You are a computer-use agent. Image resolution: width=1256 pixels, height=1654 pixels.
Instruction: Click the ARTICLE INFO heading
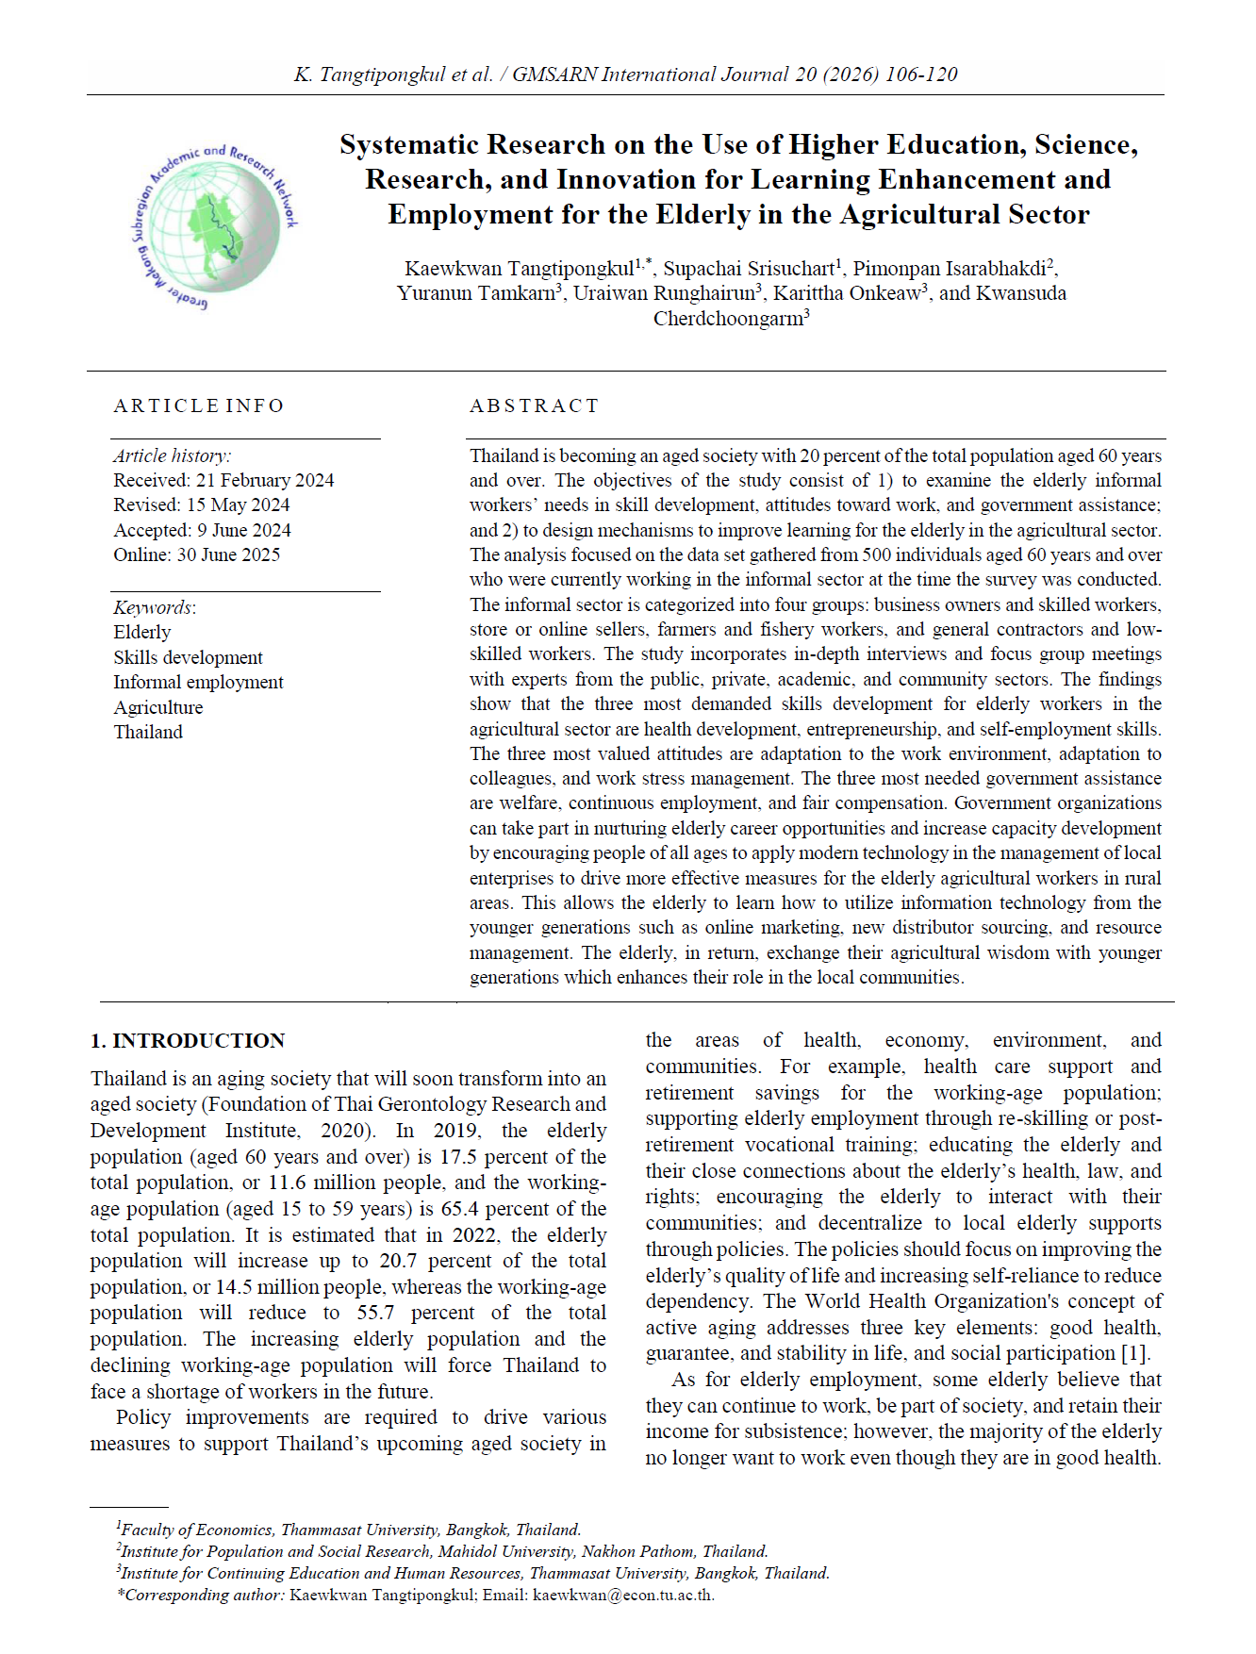coord(199,405)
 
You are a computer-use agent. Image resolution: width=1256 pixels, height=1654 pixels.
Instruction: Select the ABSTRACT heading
coord(534,405)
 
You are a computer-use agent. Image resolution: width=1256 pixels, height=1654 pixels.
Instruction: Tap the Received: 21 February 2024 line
coord(223,480)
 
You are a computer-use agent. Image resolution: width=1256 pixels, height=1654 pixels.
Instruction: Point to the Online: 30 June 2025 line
coord(196,554)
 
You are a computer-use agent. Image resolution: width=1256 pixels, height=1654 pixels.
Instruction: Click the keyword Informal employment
coord(198,682)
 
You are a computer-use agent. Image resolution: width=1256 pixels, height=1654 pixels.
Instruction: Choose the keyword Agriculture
coord(157,707)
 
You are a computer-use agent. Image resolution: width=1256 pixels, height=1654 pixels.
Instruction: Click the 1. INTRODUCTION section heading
coord(188,1040)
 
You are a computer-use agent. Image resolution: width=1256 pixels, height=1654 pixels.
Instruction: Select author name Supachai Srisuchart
coord(749,269)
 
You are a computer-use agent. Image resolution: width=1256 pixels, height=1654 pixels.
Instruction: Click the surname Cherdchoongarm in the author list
coord(727,319)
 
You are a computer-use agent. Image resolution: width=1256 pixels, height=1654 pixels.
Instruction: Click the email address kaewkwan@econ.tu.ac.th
coord(622,1595)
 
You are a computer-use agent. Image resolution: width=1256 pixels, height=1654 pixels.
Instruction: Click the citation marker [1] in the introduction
coord(1134,1353)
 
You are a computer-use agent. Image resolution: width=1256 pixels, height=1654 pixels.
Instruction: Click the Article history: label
coord(172,455)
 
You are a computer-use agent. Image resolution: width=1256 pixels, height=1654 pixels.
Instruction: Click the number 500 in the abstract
coord(877,554)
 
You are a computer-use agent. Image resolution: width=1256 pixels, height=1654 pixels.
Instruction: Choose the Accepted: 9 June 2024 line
coord(202,530)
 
